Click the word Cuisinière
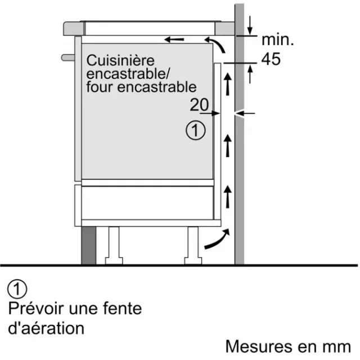click(120, 60)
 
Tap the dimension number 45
click(271, 59)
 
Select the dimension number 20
click(199, 105)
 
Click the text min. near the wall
click(277, 40)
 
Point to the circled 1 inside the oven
click(196, 130)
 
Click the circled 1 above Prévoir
click(17, 289)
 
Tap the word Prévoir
click(36, 308)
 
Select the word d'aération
click(46, 328)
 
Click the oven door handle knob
click(68, 57)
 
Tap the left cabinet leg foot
click(114, 261)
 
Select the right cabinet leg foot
click(193, 261)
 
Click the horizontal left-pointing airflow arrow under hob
click(174, 39)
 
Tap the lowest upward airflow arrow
click(227, 197)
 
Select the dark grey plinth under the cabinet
click(89, 245)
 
